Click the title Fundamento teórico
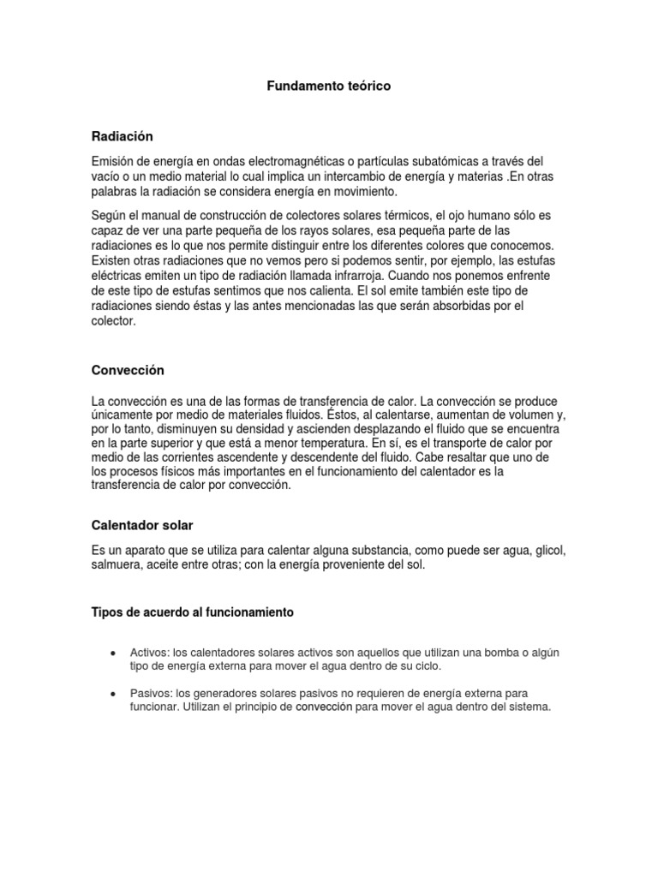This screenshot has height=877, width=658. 328,87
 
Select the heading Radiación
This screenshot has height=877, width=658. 122,136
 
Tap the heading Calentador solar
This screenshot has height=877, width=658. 147,524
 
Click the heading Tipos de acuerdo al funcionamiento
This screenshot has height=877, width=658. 192,612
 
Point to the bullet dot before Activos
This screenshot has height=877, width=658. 114,653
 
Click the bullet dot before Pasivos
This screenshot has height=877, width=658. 114,693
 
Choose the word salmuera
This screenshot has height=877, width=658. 117,565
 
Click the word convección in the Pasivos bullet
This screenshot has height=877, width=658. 324,707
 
